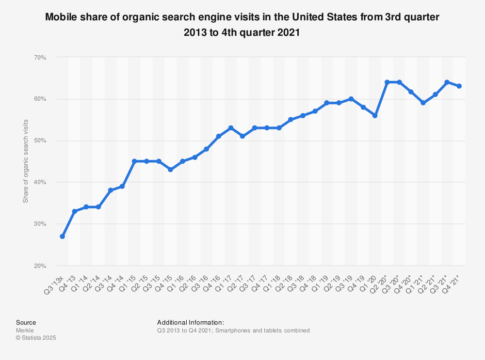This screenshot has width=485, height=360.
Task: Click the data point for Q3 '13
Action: coord(63,236)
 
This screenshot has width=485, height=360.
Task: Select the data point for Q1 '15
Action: coord(134,161)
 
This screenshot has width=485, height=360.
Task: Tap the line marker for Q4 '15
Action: coord(170,170)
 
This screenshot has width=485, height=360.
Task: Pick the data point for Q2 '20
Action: coord(387,82)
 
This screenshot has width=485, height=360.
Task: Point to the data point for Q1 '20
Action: coord(375,115)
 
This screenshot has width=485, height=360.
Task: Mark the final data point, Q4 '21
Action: coord(459,86)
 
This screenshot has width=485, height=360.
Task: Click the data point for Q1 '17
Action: coord(231,128)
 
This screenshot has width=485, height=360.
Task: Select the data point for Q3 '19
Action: coord(351,99)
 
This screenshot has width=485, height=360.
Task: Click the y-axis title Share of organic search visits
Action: coord(26,161)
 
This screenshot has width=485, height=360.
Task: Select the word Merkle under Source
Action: coord(24,330)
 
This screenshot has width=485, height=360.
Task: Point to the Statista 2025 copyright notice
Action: coord(36,338)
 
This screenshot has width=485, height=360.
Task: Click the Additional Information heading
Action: coord(190,322)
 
